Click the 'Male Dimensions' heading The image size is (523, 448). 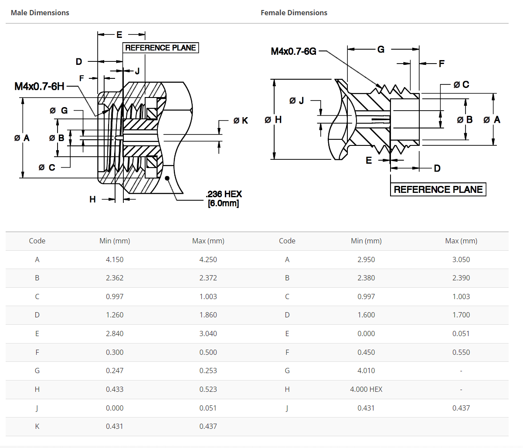[40, 13]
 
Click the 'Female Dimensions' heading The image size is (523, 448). [294, 13]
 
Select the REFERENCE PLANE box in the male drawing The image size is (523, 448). [160, 48]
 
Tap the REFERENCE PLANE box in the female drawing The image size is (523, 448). [438, 189]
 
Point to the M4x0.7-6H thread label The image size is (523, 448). [39, 86]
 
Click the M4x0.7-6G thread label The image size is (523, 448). [293, 51]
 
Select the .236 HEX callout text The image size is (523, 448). [224, 194]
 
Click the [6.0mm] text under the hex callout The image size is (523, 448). [223, 203]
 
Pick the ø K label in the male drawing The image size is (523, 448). [241, 121]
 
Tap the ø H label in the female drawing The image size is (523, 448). [273, 120]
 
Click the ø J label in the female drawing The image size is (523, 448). [296, 101]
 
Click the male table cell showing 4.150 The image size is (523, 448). [115, 259]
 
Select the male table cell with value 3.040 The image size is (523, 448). [208, 333]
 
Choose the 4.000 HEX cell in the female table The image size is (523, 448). [366, 389]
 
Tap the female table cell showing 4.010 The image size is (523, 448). [366, 371]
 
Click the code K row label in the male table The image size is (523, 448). [37, 426]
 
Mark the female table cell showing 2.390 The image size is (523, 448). [461, 278]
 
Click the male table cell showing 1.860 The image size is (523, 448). [208, 315]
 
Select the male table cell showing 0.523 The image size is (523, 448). [208, 389]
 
